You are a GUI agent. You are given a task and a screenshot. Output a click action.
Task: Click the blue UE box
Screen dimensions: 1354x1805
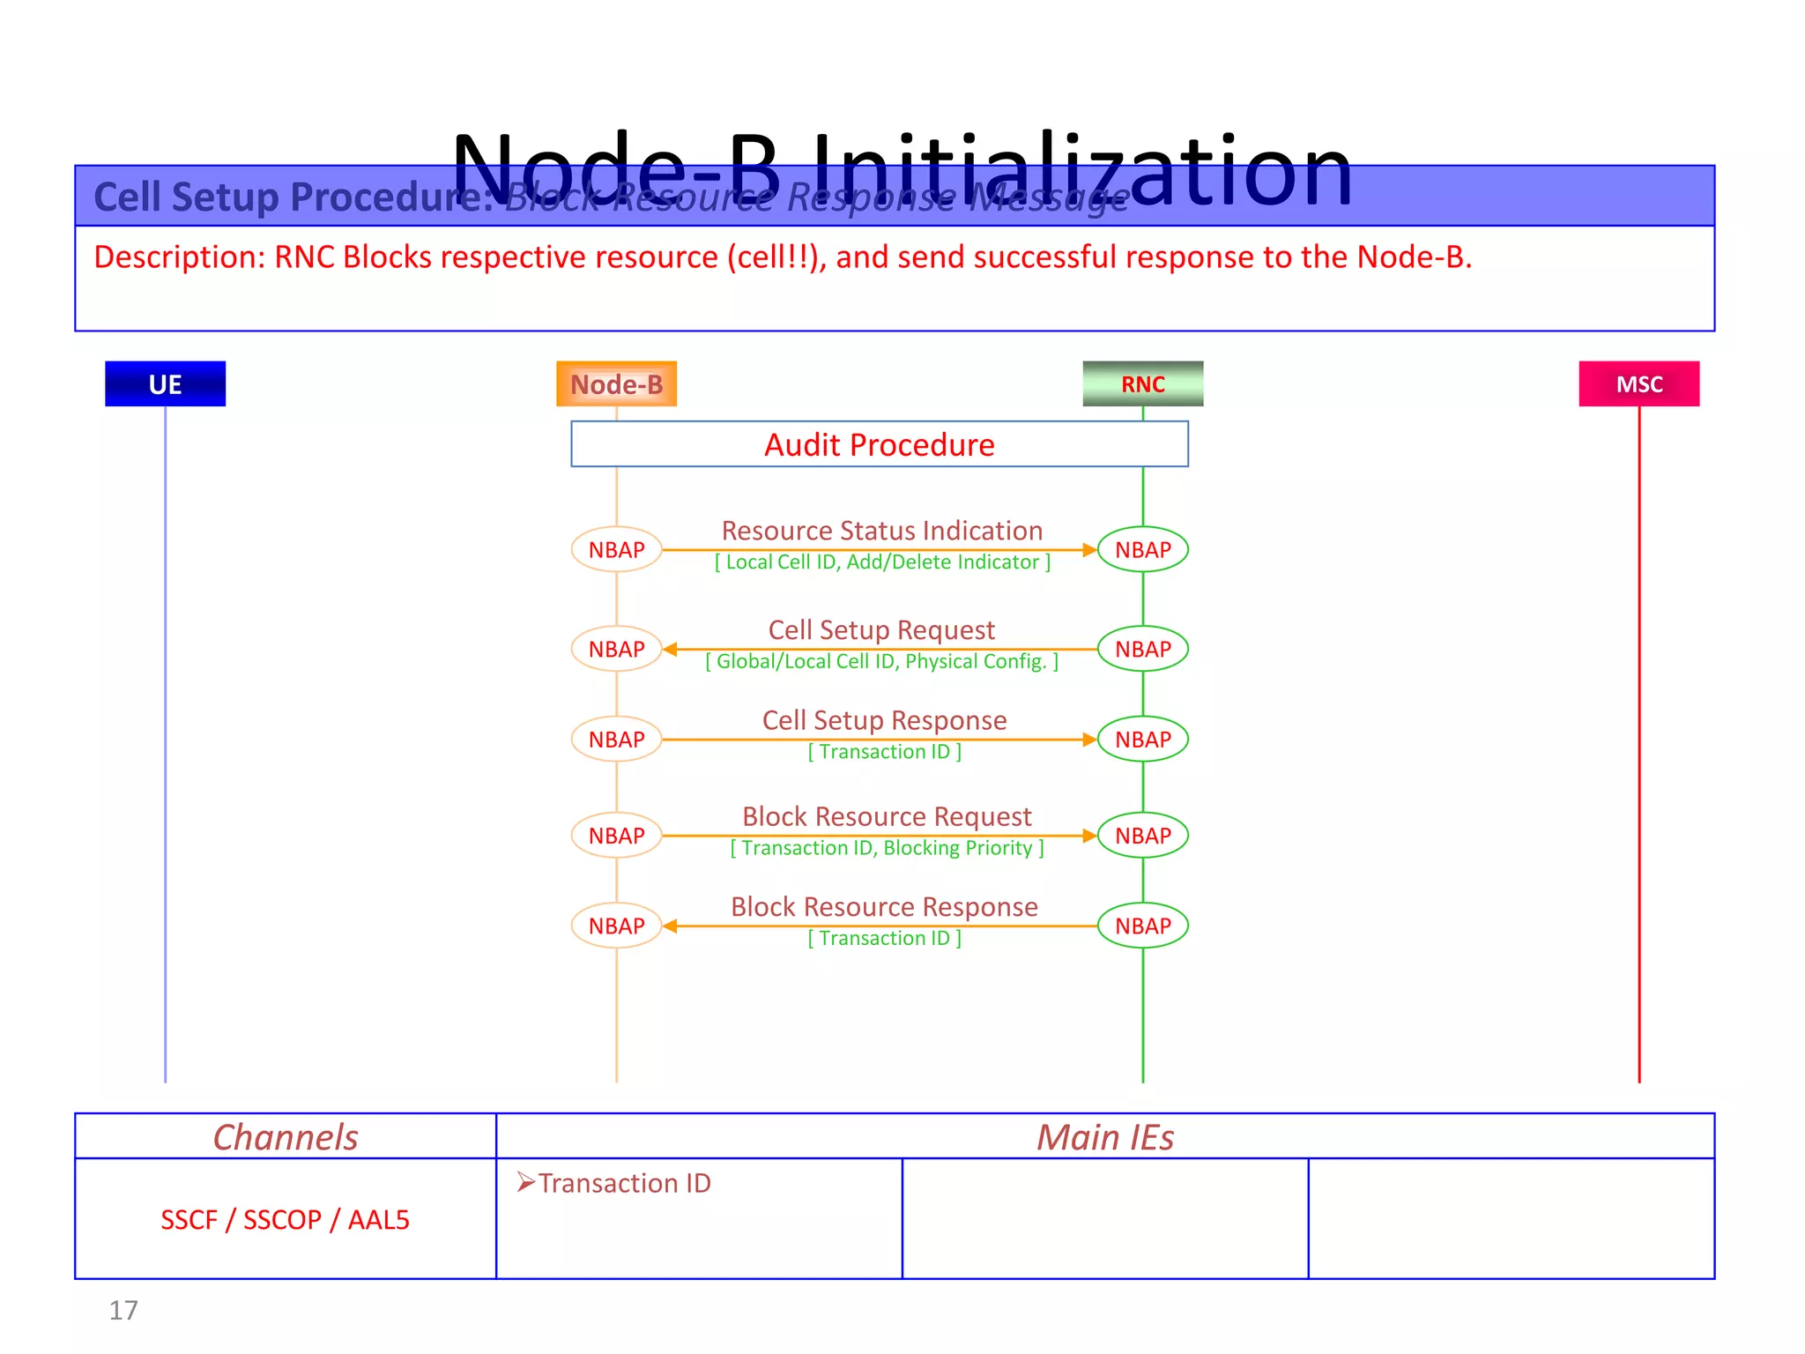[x=165, y=383]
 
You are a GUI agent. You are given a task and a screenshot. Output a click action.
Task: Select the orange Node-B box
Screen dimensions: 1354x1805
[x=616, y=383]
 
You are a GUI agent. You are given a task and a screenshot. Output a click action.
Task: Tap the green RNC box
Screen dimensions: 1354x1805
[x=1142, y=383]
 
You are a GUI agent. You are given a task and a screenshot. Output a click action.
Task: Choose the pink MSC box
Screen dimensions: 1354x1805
[x=1638, y=383]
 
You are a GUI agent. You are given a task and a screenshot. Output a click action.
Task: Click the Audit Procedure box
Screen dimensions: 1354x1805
[x=879, y=444]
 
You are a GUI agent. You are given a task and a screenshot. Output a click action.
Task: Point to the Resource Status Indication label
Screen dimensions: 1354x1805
[x=881, y=531]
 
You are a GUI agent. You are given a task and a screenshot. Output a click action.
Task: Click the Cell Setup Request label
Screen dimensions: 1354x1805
[x=881, y=630]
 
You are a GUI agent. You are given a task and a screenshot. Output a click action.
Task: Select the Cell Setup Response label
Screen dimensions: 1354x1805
[x=884, y=720]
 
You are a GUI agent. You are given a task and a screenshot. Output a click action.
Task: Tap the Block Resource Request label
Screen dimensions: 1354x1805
[x=887, y=816]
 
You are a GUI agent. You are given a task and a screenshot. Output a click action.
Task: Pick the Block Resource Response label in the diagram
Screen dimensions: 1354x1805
[x=884, y=907]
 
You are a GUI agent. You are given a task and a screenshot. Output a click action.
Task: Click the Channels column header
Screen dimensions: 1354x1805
[x=286, y=1137]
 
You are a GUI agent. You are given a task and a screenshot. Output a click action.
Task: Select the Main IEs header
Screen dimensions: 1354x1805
[x=1105, y=1137]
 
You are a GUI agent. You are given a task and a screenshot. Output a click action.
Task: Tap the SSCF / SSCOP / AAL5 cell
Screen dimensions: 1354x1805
[x=285, y=1219]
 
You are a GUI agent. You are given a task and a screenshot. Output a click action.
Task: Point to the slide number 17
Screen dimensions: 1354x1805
[x=123, y=1311]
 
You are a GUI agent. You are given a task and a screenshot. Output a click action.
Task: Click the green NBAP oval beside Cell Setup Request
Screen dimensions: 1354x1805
[x=1142, y=649]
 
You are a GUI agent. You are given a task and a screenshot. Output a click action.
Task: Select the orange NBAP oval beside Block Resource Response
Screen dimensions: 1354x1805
[x=616, y=926]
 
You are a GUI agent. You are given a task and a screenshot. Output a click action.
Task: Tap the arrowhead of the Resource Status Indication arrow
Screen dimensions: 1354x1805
[x=1089, y=549]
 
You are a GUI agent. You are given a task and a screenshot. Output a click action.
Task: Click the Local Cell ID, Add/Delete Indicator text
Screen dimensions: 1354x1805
[x=882, y=562]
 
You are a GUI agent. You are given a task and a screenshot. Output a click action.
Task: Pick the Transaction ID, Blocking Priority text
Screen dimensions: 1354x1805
[x=887, y=848]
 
